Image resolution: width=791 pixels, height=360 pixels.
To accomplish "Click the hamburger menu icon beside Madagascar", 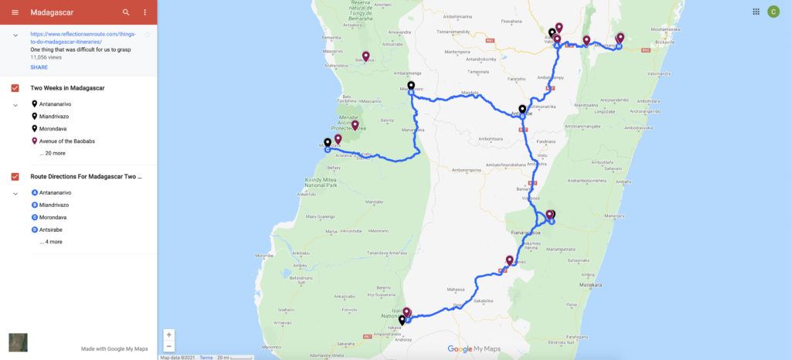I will click(x=15, y=12).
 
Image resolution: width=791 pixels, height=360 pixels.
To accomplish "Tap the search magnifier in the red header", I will click(x=126, y=12).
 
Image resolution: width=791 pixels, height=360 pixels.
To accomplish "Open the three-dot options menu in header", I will click(x=145, y=12).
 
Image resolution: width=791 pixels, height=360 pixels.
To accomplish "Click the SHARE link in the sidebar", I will click(x=39, y=67).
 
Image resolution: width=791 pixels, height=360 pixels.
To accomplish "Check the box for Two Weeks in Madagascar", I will click(x=15, y=88).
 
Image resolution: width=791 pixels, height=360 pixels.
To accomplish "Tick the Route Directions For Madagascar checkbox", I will click(x=15, y=177).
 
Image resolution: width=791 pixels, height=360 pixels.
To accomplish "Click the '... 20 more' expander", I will click(x=53, y=153).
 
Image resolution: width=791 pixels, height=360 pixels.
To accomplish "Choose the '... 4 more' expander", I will click(x=51, y=242).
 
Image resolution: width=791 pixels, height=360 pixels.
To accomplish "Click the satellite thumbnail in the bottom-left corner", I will click(x=18, y=342).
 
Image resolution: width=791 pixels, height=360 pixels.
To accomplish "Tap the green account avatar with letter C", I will click(x=773, y=12).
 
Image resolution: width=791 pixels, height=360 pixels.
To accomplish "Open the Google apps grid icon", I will click(x=755, y=12).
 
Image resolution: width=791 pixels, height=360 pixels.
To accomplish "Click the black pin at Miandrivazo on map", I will click(x=411, y=86).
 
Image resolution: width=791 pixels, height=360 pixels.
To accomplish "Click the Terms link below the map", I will click(x=206, y=357).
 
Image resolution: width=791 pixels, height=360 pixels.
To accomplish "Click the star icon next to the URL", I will click(x=147, y=35).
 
